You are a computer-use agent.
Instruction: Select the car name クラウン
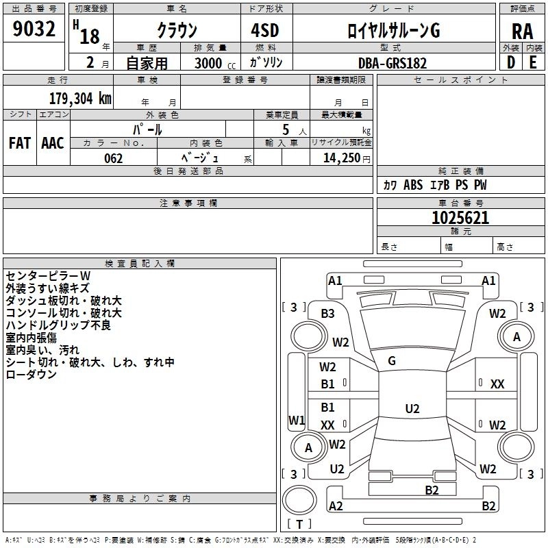click(x=177, y=31)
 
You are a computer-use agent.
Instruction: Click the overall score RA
click(x=522, y=32)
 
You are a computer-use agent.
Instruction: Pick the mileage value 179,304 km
click(x=80, y=98)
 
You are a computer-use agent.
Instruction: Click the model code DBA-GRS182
click(x=392, y=63)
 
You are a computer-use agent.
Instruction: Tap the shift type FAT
click(x=19, y=142)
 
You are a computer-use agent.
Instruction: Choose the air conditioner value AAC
click(x=52, y=142)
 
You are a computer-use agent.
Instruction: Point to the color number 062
click(x=113, y=158)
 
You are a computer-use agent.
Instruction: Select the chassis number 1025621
click(x=460, y=218)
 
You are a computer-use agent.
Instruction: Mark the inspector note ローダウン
click(x=31, y=374)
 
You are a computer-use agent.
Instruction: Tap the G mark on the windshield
click(x=392, y=360)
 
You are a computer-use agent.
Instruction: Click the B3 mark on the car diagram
click(x=328, y=313)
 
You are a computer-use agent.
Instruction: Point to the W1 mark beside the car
click(x=297, y=419)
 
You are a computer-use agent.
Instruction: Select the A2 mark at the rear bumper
click(x=336, y=506)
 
